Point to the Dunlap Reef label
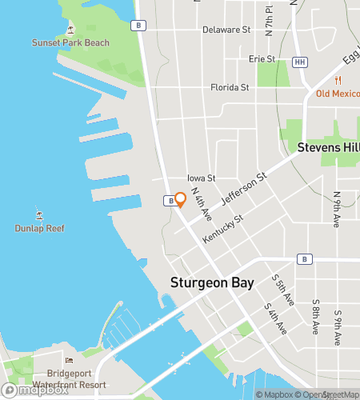point(39,228)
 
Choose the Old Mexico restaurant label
point(338,94)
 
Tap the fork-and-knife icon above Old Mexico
point(338,80)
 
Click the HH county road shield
point(300,62)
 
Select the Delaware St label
point(226,30)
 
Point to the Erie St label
point(262,58)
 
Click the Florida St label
point(229,87)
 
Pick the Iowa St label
point(201,178)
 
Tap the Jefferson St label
point(243,189)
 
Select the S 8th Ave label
point(316,310)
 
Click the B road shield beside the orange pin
point(170,201)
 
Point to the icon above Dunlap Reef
point(39,214)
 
